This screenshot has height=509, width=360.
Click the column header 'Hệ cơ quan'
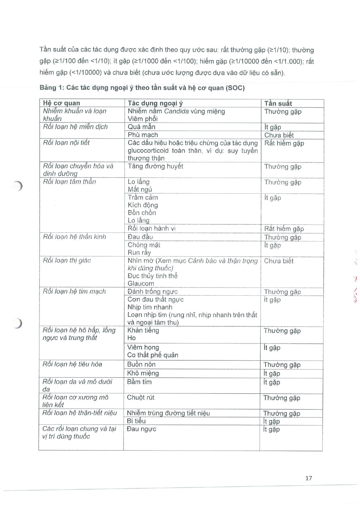tap(61, 103)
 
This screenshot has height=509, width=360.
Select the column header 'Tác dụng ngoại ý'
tap(155, 103)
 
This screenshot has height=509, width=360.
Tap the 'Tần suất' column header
tap(278, 103)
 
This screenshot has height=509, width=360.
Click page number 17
tap(309, 478)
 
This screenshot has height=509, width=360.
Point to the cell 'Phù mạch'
tap(143, 135)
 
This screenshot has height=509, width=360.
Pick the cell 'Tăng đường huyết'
tap(155, 166)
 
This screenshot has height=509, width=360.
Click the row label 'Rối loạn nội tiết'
tap(66, 143)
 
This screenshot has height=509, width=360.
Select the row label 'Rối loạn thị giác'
tap(67, 260)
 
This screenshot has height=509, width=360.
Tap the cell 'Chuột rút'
tap(140, 397)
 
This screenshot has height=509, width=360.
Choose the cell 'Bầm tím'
tap(139, 382)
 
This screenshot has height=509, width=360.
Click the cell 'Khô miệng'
tap(143, 373)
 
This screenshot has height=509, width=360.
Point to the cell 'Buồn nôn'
tap(141, 364)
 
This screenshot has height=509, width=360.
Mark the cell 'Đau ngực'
tap(141, 429)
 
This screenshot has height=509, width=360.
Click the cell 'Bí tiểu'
tap(136, 421)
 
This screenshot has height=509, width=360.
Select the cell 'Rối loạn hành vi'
tap(151, 228)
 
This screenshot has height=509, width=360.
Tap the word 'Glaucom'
tap(141, 283)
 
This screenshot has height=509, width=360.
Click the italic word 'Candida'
tap(176, 111)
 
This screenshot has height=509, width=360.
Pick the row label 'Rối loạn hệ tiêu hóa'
tap(72, 364)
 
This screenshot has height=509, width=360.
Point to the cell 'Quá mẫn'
tap(141, 127)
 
